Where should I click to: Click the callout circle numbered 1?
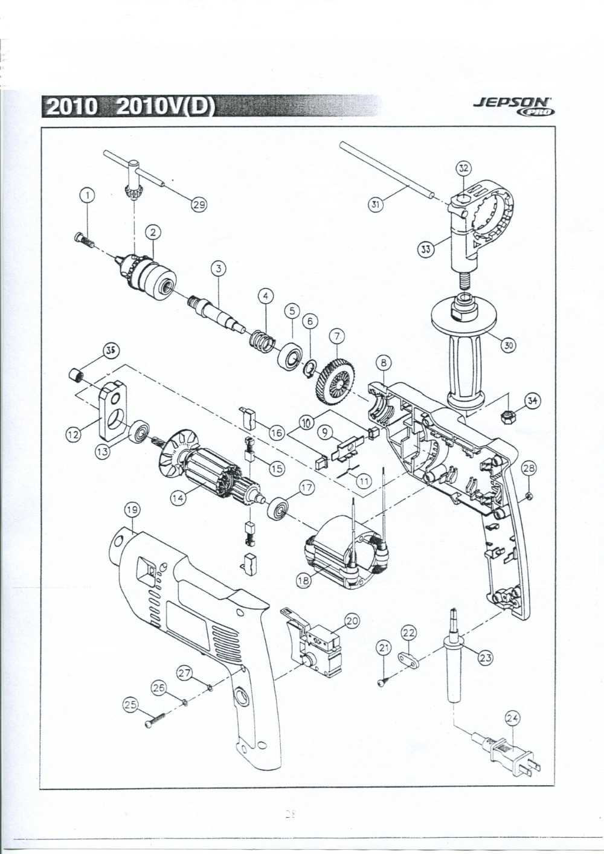(x=88, y=195)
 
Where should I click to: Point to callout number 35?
(x=111, y=351)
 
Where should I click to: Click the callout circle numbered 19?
(x=132, y=511)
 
